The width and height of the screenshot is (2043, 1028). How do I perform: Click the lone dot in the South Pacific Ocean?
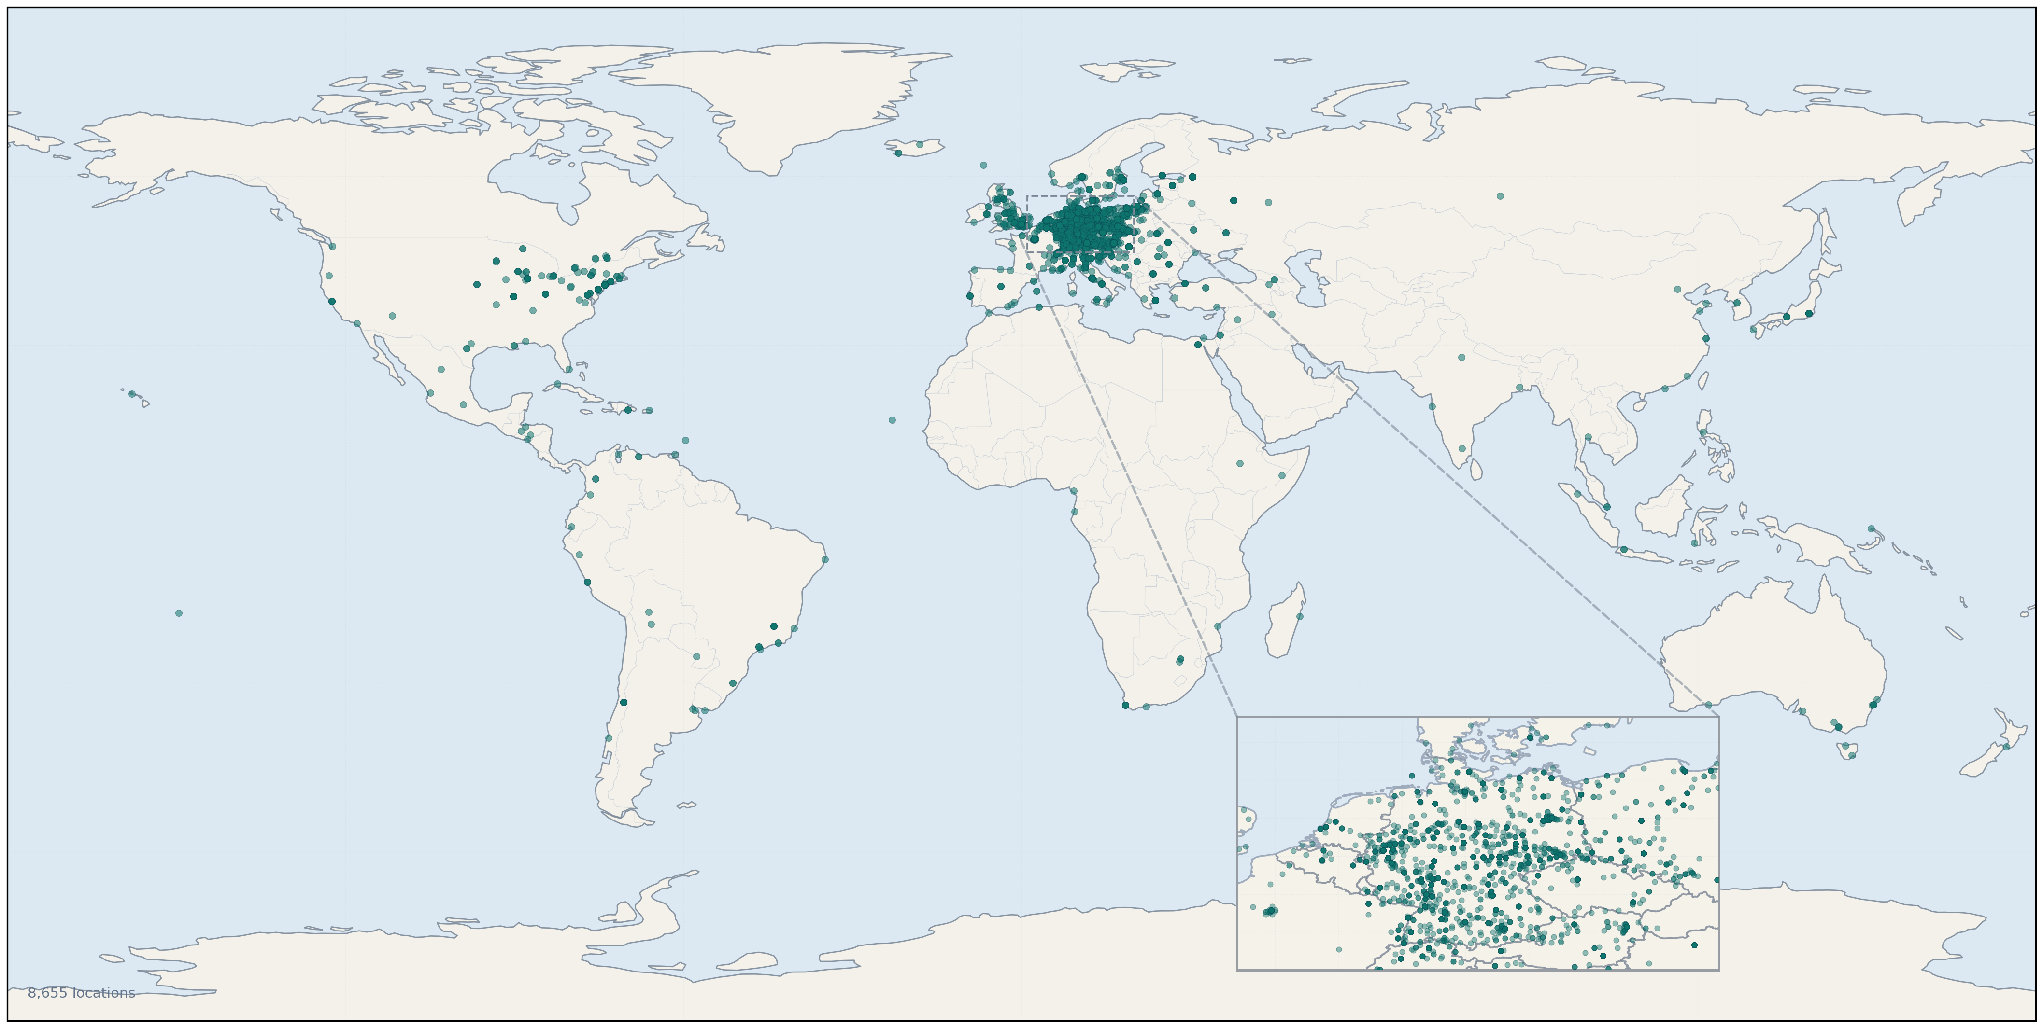(x=178, y=612)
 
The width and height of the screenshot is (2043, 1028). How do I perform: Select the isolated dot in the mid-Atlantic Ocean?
(x=892, y=419)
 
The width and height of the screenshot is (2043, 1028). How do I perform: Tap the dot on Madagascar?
(x=1300, y=616)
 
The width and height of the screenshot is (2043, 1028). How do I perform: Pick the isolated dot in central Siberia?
(x=1500, y=196)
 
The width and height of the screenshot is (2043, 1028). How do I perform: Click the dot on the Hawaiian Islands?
(x=132, y=394)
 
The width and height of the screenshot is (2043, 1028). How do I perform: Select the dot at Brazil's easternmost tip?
(x=825, y=559)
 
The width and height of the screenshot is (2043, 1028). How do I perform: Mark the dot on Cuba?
(x=557, y=384)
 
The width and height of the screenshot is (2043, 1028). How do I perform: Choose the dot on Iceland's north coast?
(x=919, y=144)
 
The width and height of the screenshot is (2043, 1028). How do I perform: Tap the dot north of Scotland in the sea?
(x=983, y=165)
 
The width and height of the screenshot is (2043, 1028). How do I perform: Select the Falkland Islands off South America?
(x=687, y=806)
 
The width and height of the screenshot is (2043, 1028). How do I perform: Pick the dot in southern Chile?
(x=608, y=738)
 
